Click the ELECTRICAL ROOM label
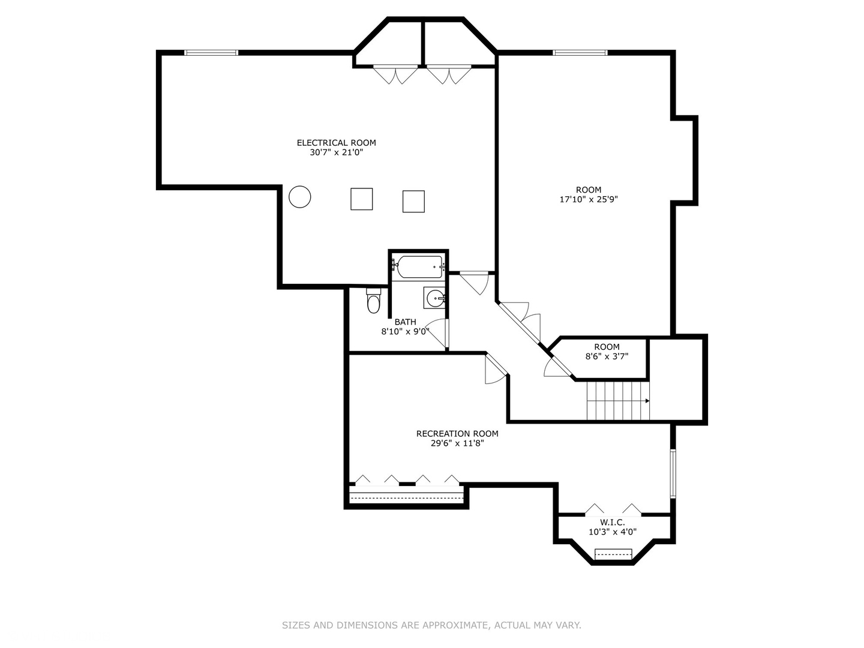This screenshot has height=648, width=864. pos(336,143)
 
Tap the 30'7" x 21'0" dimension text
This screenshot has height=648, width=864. pos(336,152)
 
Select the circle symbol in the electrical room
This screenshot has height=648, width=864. pos(299,197)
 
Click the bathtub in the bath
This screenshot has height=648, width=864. pos(419,266)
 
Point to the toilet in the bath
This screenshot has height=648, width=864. pos(373,301)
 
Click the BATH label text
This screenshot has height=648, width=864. pos(405,322)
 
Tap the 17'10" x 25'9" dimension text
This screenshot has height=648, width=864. pos(588,199)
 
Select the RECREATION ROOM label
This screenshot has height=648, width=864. pos(457,434)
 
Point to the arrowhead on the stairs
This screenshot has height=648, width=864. pos(647,401)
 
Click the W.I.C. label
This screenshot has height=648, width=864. pos(612,523)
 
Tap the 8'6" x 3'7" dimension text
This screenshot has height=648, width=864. pos(607,356)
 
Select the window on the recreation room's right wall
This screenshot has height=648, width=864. pos(673,473)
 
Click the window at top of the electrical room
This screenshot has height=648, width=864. pos(211,53)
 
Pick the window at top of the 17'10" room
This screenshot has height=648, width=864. pos(580,53)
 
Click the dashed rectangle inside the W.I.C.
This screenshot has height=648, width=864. pos(613,554)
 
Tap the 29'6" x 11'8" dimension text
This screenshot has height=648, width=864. pos(457,443)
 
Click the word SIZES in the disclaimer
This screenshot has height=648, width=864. pos(296,625)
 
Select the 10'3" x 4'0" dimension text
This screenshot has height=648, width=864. pos(612,532)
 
